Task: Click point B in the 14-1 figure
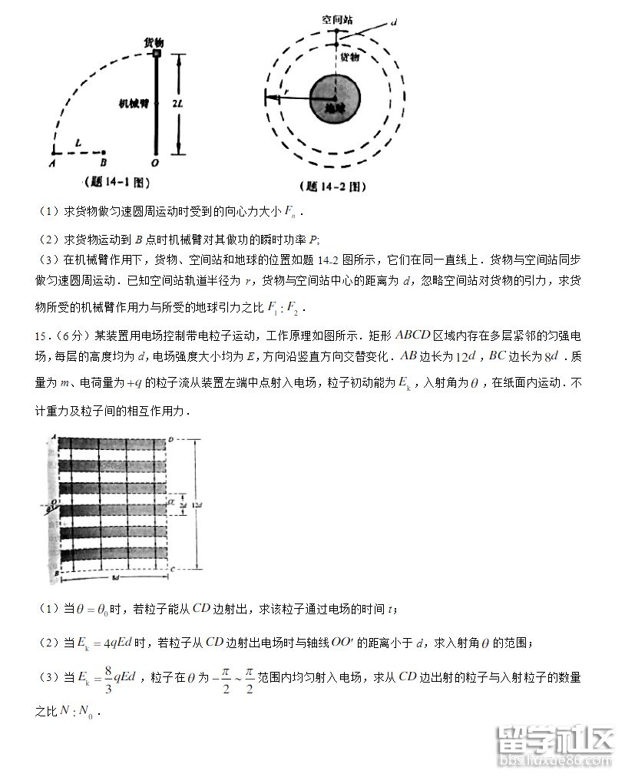pyautogui.click(x=104, y=163)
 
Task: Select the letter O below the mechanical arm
pyautogui.click(x=156, y=163)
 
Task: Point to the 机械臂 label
pyautogui.click(x=133, y=102)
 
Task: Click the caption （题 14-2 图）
pyautogui.click(x=334, y=186)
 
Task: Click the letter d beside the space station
pyautogui.click(x=393, y=23)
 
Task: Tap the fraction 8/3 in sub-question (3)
pyautogui.click(x=108, y=677)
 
